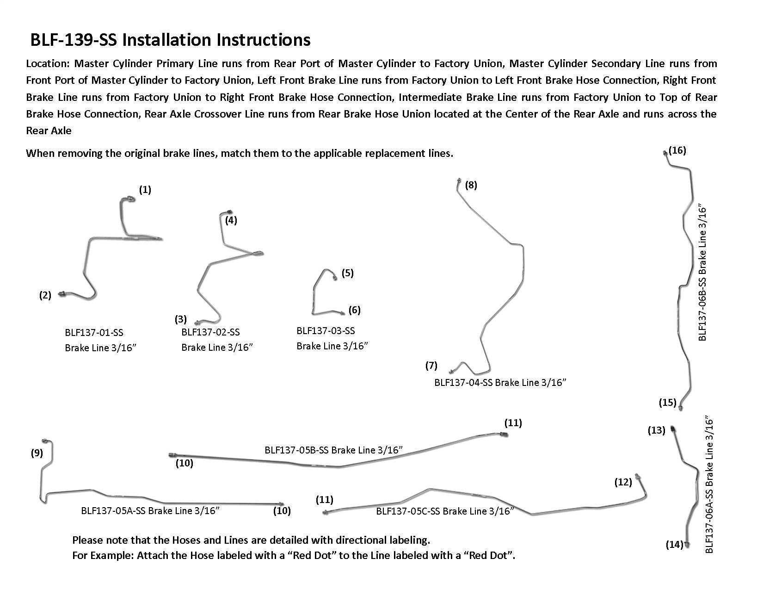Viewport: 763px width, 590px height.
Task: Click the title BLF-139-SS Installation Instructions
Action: click(x=170, y=40)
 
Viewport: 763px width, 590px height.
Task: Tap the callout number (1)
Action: click(x=145, y=190)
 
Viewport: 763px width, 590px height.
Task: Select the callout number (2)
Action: click(x=45, y=295)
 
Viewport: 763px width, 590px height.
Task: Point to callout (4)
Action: click(x=231, y=220)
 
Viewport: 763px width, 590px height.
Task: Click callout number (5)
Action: click(x=347, y=273)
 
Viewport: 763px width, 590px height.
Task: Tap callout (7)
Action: click(x=431, y=366)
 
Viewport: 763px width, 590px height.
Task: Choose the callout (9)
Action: click(x=37, y=453)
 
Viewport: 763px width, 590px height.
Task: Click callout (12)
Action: click(x=623, y=482)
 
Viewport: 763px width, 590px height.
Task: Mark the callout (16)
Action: click(x=677, y=150)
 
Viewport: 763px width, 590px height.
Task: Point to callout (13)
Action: click(x=656, y=430)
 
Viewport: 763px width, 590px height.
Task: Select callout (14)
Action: click(x=675, y=544)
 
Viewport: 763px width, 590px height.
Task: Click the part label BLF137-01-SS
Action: click(x=94, y=333)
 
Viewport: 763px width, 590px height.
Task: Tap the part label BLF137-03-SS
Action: click(x=326, y=331)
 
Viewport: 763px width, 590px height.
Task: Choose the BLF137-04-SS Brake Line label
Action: click(x=500, y=383)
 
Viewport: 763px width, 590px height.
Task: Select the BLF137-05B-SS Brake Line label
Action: click(x=333, y=450)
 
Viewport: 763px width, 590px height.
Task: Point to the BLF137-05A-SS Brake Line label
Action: click(x=150, y=511)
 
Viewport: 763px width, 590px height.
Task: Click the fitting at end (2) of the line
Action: click(x=62, y=294)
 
